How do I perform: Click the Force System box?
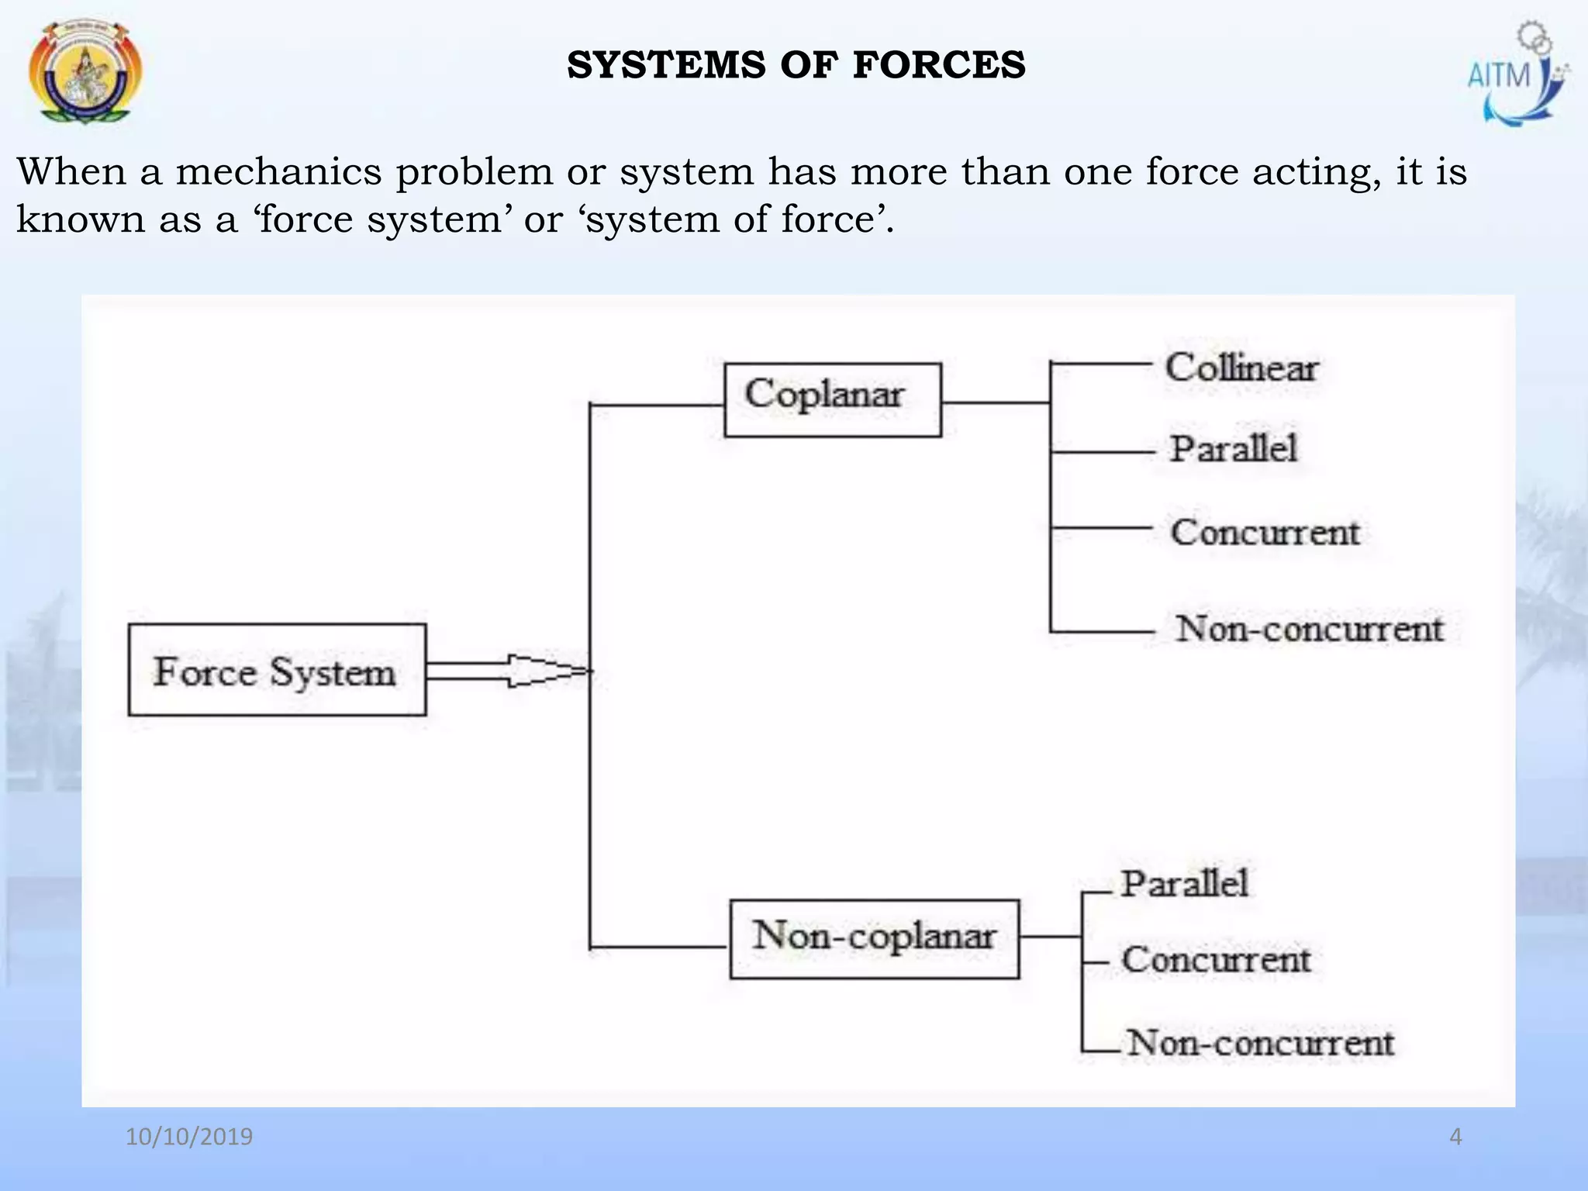277,670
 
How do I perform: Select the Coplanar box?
832,399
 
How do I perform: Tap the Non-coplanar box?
874,938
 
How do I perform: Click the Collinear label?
1241,368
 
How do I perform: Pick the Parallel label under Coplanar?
1233,449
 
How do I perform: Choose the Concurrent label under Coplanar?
1265,533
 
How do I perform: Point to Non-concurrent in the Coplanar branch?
1309,629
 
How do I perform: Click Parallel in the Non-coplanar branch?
1184,884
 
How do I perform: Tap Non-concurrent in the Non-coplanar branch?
1260,1043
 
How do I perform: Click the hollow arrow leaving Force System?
512,671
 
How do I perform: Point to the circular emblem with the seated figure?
85,72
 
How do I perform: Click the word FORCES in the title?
939,65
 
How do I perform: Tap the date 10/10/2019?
189,1137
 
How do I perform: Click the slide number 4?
1455,1137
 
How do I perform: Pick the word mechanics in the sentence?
278,171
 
